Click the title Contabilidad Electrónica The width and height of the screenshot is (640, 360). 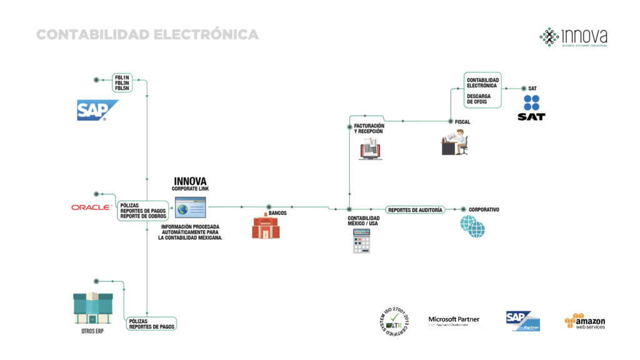pyautogui.click(x=147, y=34)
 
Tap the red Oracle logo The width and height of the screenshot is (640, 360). pyautogui.click(x=91, y=206)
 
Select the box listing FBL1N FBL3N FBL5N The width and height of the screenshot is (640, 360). pyautogui.click(x=121, y=83)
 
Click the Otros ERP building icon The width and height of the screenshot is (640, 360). pyautogui.click(x=92, y=307)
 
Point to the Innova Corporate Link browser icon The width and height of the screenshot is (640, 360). pyautogui.click(x=189, y=207)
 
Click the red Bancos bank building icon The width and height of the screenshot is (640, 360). pyautogui.click(x=266, y=227)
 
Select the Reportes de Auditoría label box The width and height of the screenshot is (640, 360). pyautogui.click(x=415, y=210)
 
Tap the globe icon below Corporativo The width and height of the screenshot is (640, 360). pyautogui.click(x=472, y=226)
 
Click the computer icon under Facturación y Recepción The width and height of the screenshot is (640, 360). pyautogui.click(x=370, y=150)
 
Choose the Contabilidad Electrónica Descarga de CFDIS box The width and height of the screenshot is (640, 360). pyautogui.click(x=484, y=90)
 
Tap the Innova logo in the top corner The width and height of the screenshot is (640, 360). pyautogui.click(x=573, y=37)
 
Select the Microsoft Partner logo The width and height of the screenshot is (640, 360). pyautogui.click(x=454, y=321)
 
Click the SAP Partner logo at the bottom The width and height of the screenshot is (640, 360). pyautogui.click(x=523, y=321)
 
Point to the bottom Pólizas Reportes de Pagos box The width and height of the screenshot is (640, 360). pyautogui.click(x=151, y=323)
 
